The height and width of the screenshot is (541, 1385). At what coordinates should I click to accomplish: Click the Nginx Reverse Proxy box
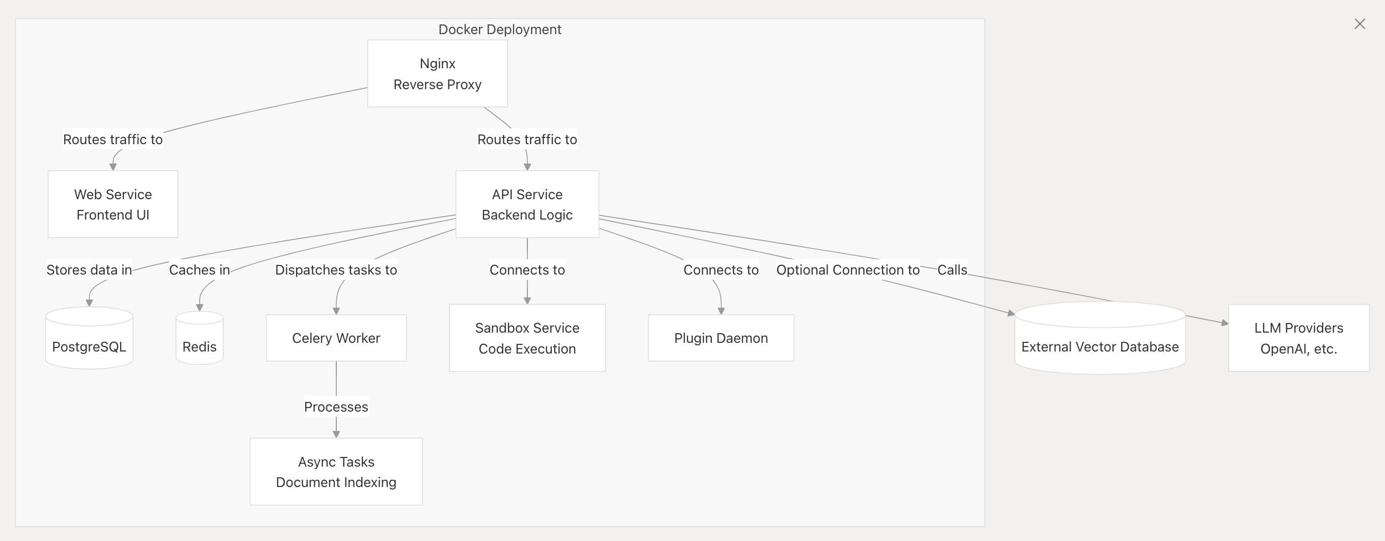coord(437,73)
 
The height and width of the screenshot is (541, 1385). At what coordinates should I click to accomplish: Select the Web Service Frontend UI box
coord(113,204)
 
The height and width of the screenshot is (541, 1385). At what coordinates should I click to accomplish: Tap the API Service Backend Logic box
coord(527,204)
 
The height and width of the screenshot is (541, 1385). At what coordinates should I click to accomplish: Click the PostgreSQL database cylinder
coord(89,338)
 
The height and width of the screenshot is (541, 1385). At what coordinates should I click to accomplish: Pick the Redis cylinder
coord(199,338)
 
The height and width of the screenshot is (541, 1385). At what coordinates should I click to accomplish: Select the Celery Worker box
coord(336,338)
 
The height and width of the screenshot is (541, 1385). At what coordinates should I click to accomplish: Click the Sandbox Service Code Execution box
coord(527,338)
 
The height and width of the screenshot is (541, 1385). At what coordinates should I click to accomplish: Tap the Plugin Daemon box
coord(721,338)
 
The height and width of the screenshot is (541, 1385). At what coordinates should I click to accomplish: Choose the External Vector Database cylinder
coord(1100,338)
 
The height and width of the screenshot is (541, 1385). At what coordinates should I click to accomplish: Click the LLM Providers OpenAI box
coord(1298,338)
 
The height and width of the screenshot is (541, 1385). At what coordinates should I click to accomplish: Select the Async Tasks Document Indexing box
coord(336,472)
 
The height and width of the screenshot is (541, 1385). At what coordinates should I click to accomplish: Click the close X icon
coord(1360,24)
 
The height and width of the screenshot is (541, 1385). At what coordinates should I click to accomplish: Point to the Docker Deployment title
coord(499,30)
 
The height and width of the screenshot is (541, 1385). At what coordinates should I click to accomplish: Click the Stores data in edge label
coord(89,269)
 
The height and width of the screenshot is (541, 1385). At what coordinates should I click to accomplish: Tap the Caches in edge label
coord(199,269)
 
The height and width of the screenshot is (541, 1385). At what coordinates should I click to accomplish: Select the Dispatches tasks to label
coord(336,269)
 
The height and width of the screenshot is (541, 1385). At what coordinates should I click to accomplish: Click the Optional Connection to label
coord(848,269)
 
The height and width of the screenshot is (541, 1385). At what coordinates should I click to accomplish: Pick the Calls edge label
coord(952,269)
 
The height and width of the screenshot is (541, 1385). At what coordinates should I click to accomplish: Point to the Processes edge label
coord(336,407)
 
